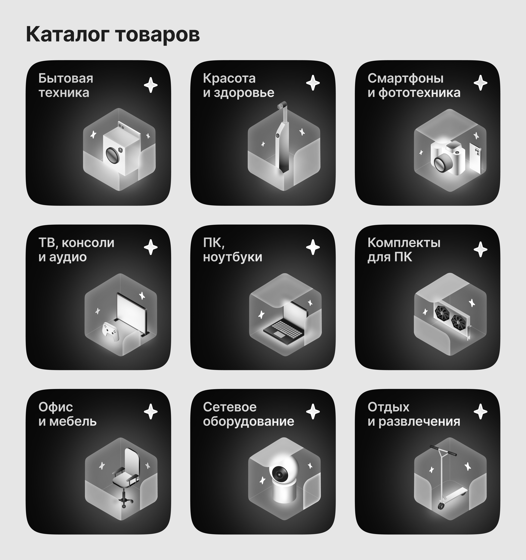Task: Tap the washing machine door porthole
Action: (112, 155)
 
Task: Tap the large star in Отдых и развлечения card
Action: (480, 412)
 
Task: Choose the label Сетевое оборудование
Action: (248, 414)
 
